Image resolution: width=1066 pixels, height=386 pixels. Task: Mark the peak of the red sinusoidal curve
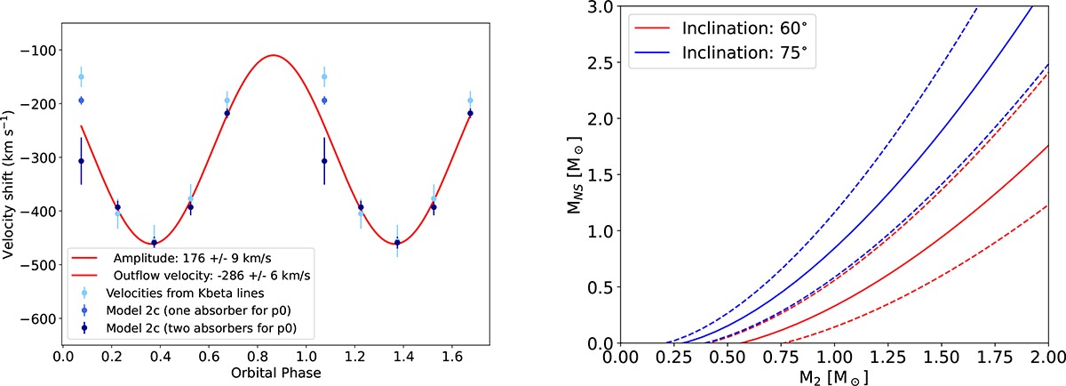click(x=273, y=55)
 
